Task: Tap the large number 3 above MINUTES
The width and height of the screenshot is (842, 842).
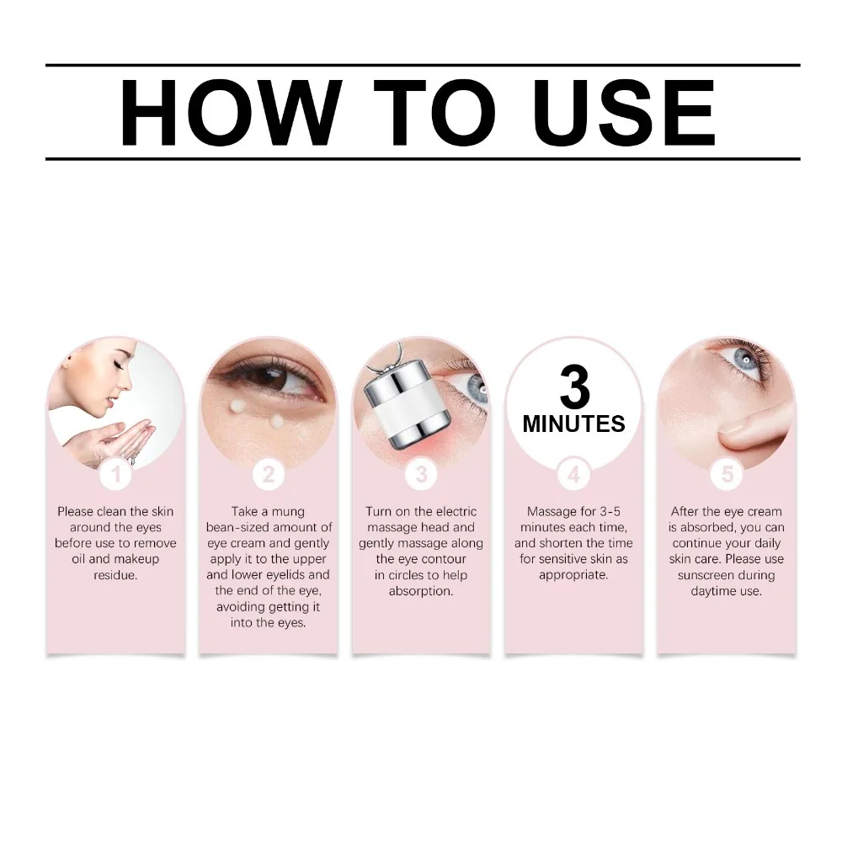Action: point(573,386)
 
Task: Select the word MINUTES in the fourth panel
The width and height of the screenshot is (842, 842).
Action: point(573,424)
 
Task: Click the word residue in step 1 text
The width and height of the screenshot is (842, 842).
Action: point(115,575)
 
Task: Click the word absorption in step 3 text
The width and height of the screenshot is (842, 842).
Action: point(420,591)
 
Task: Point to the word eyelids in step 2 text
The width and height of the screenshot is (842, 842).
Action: point(308,575)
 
